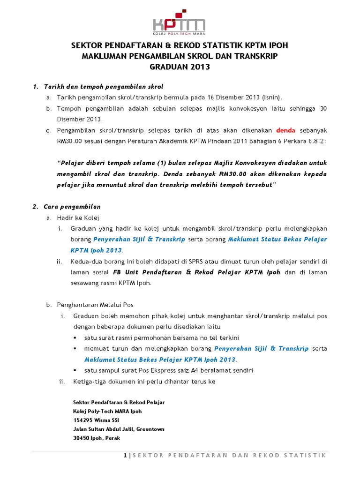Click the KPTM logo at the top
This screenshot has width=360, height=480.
tap(180, 22)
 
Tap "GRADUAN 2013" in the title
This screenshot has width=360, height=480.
tap(180, 67)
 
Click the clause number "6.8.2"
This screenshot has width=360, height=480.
tap(316, 141)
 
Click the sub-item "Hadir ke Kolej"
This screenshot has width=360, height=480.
tap(78, 217)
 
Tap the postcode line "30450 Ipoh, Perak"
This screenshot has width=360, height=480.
tap(97, 438)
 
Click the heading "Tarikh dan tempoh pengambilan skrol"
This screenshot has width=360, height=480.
tap(103, 87)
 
